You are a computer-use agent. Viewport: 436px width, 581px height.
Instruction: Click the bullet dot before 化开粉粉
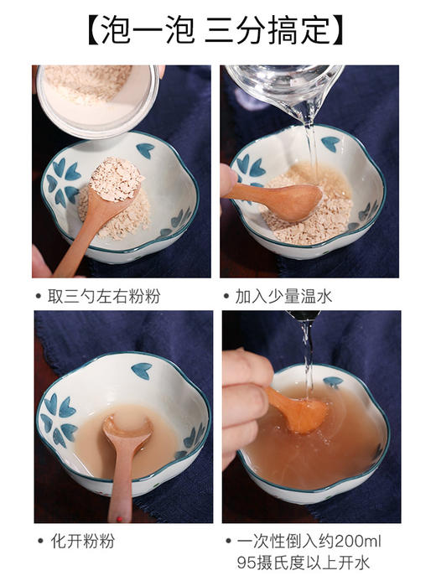click(x=40, y=542)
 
